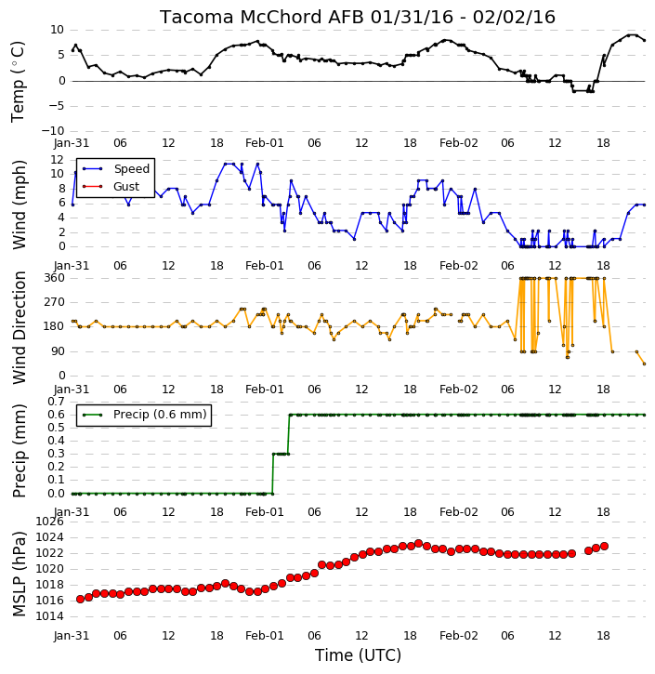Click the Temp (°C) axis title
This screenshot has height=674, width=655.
point(18,82)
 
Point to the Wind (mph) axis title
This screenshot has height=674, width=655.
point(20,205)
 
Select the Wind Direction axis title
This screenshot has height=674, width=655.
point(20,327)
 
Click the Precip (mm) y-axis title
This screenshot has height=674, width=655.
point(20,451)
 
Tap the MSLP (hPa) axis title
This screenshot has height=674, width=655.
point(20,574)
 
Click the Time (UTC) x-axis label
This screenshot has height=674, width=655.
point(358,655)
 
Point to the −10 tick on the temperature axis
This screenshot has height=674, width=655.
point(52,131)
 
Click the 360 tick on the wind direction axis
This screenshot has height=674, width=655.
point(55,278)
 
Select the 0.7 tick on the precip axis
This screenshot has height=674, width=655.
point(57,402)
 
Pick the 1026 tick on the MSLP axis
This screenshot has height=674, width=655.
point(49,522)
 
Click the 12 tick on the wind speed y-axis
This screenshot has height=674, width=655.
point(57,160)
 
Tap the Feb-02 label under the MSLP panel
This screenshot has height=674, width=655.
point(459,635)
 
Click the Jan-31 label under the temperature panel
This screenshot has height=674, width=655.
point(72,143)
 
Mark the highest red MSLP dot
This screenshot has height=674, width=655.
point(419,543)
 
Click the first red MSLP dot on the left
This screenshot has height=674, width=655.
point(80,600)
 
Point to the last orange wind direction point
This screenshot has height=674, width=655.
point(644,363)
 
